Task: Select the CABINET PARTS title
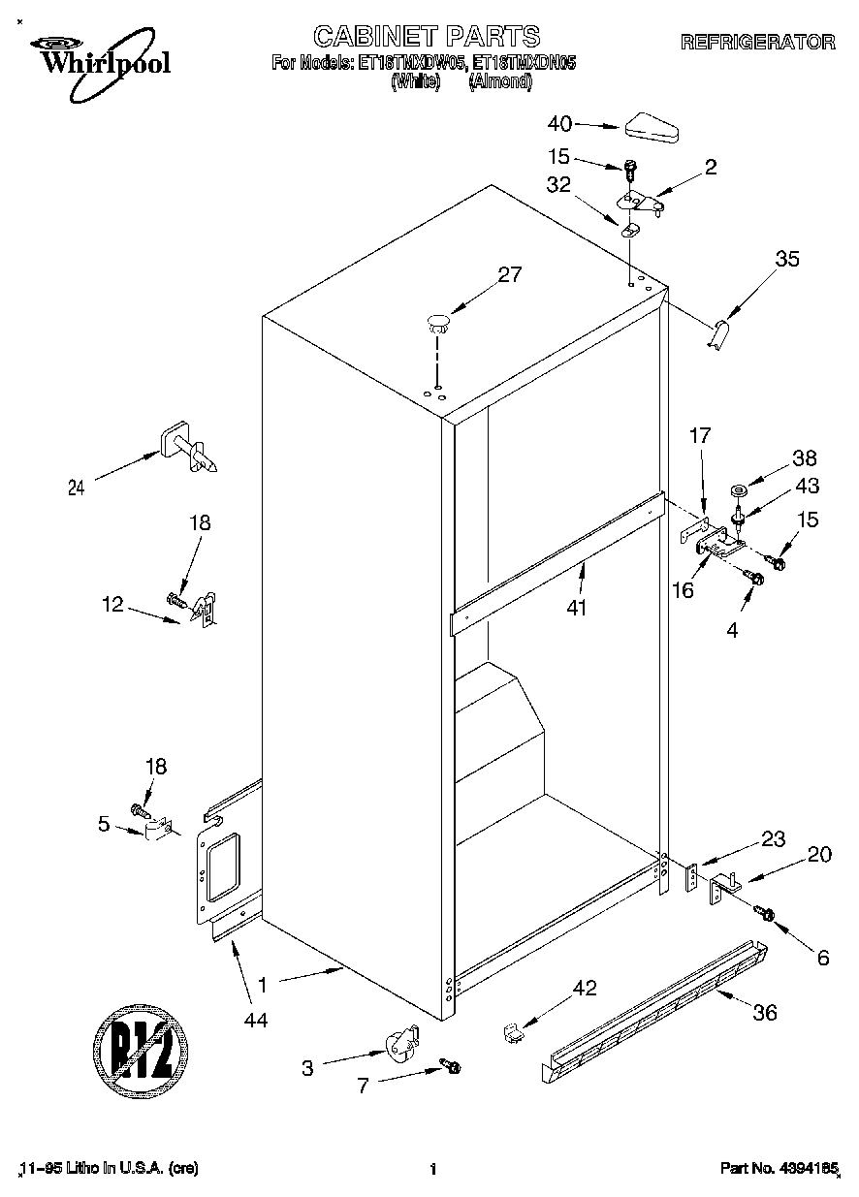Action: [x=427, y=37]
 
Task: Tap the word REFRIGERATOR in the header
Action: [x=757, y=43]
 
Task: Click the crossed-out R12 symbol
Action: [x=141, y=1048]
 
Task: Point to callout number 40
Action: [x=560, y=123]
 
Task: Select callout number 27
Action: [x=509, y=274]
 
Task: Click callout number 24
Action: [x=77, y=488]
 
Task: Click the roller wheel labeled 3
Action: [x=398, y=1048]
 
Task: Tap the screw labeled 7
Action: [x=451, y=1066]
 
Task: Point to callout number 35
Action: [x=787, y=259]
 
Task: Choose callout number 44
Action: [x=256, y=1019]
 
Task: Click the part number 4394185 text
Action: [x=779, y=1170]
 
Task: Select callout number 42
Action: [x=585, y=989]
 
